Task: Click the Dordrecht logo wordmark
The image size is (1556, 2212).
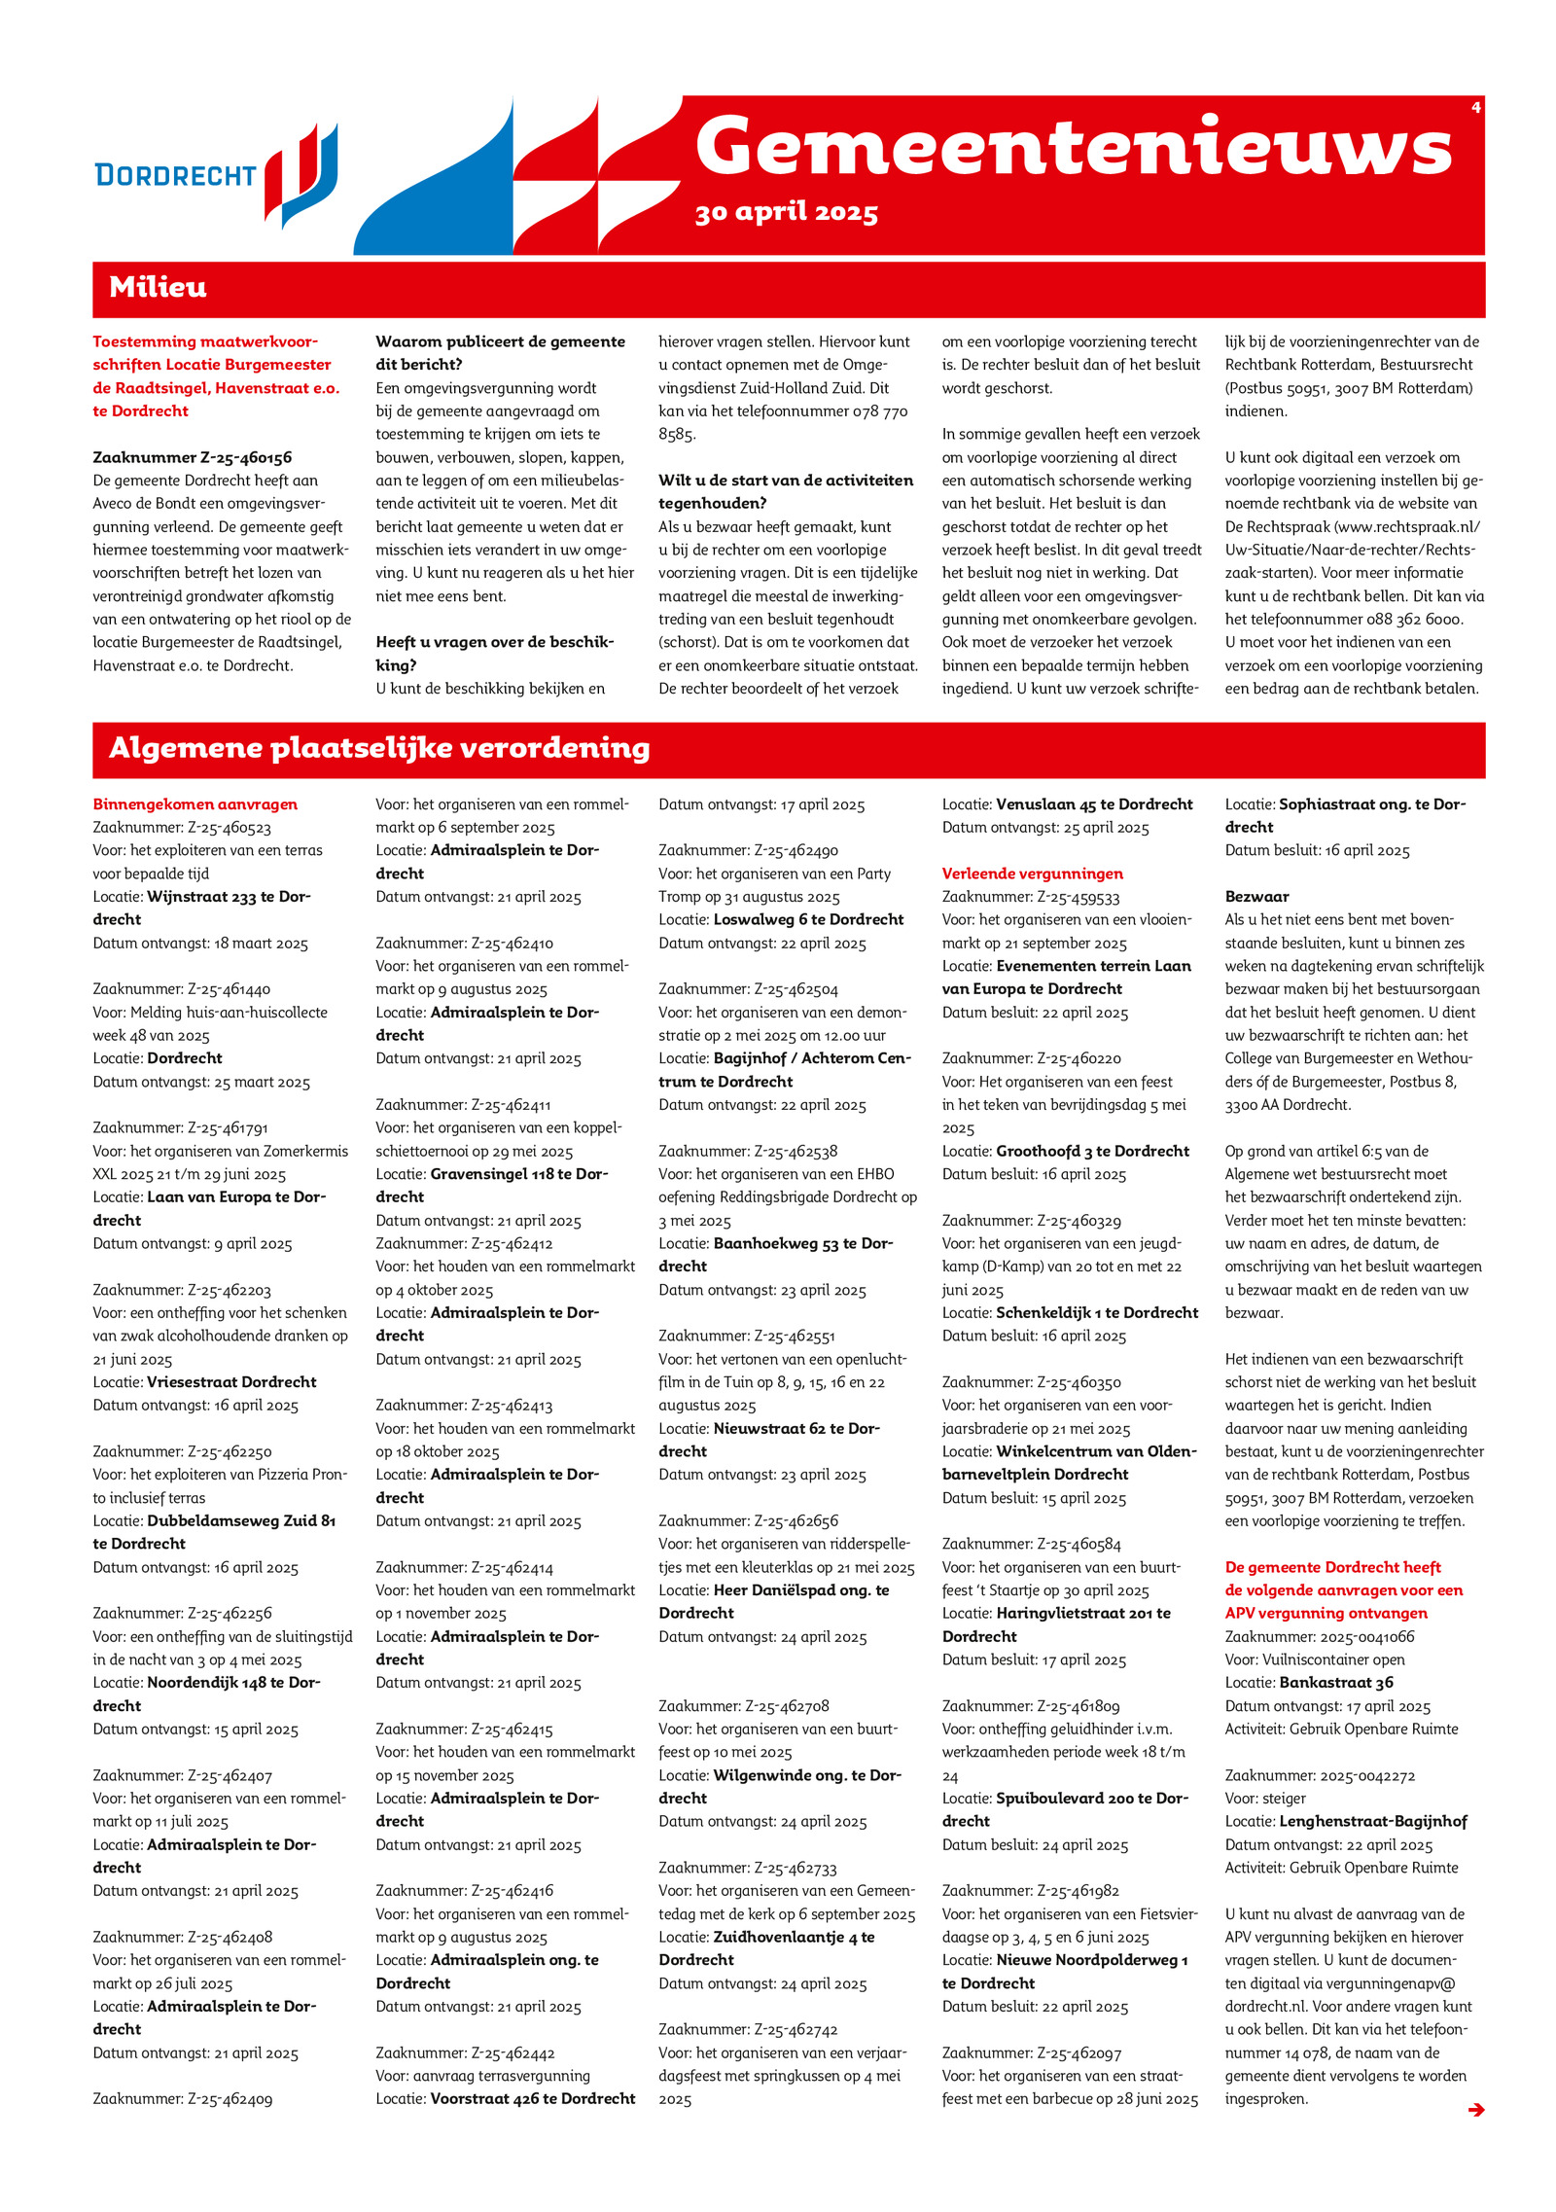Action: [175, 175]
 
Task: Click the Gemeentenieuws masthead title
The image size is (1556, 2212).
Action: [1073, 147]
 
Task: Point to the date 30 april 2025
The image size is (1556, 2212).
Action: [786, 213]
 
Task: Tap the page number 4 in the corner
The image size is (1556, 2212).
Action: [1475, 107]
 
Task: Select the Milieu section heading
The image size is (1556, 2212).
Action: [158, 287]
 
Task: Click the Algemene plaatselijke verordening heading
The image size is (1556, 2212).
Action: [379, 748]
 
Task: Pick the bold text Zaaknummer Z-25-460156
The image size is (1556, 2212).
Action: [193, 457]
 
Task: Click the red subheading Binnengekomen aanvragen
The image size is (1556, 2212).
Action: [195, 804]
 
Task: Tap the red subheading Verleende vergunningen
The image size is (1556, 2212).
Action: [1032, 874]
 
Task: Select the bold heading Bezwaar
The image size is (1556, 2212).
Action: [1256, 896]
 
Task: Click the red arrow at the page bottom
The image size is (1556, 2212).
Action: [1475, 2110]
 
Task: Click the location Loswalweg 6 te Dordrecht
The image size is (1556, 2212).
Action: [808, 919]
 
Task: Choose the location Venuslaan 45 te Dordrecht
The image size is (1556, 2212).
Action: [1094, 804]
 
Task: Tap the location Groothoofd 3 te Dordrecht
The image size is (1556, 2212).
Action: [1092, 1151]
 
